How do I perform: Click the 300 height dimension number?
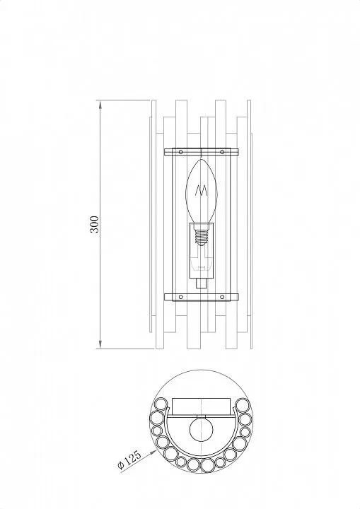(94, 224)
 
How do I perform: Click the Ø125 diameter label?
(129, 460)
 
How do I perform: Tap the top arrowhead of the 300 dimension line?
(100, 105)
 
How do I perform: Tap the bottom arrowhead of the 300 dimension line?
(100, 344)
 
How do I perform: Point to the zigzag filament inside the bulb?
(202, 190)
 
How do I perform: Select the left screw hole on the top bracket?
(181, 152)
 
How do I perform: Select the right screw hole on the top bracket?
(222, 152)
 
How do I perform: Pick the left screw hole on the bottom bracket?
(181, 297)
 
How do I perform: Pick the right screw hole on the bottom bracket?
(222, 297)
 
